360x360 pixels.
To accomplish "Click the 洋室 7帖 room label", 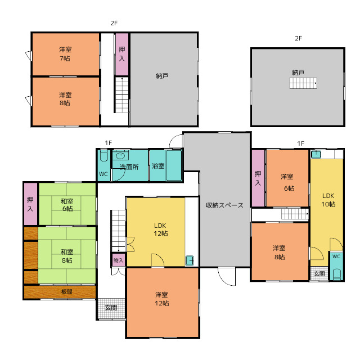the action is [x=65, y=54].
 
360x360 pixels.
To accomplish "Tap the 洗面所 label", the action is [x=129, y=167].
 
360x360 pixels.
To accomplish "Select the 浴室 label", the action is [x=158, y=166].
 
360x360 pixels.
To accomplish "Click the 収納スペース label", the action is [x=224, y=205].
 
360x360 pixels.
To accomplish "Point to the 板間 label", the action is [x=66, y=291].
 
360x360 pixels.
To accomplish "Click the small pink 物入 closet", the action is [x=119, y=260].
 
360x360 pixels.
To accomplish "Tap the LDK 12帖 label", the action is [x=160, y=229].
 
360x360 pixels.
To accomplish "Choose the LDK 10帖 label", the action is [x=328, y=200].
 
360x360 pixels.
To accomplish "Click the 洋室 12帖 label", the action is [x=162, y=299].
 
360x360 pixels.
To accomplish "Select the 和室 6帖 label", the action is [x=67, y=205].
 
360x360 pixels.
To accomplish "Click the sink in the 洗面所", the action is [x=120, y=156].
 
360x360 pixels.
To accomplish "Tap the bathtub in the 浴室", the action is [x=174, y=165].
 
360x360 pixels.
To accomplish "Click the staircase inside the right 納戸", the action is [x=303, y=83].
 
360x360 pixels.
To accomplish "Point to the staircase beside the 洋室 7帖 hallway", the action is [x=121, y=95].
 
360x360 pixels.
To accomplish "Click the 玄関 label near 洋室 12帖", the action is [x=111, y=308].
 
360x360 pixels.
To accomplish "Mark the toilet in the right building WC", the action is [x=336, y=274].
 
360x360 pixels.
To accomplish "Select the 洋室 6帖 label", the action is [x=287, y=182].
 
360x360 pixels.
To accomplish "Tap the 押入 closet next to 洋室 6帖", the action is [x=258, y=178].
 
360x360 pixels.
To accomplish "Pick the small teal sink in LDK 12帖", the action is [x=190, y=260].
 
